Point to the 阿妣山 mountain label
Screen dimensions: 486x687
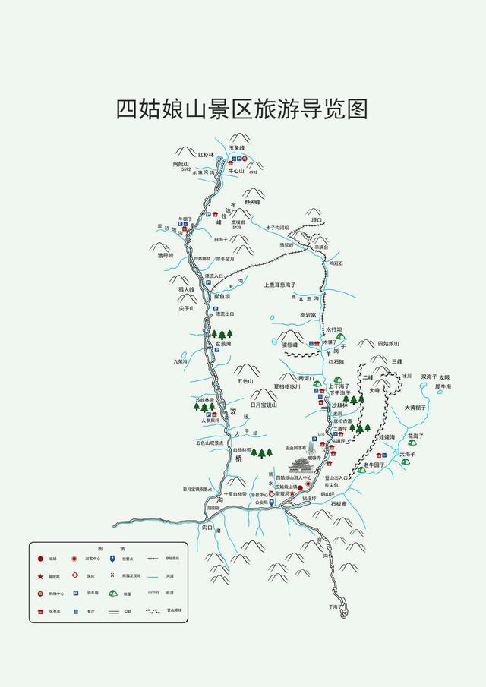click(x=181, y=163)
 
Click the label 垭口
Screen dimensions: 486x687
click(x=317, y=220)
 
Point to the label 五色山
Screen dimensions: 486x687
click(x=245, y=380)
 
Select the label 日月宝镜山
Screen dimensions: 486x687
click(x=264, y=405)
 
